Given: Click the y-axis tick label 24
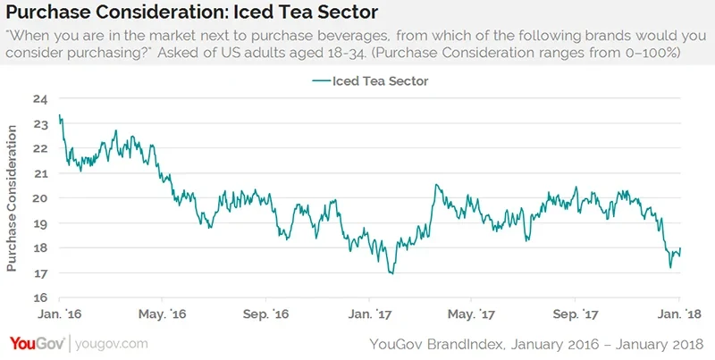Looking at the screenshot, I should pos(39,98).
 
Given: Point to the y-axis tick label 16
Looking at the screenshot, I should pos(39,298).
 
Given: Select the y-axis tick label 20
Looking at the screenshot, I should pos(39,198).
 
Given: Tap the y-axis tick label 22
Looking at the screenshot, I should pos(39,148).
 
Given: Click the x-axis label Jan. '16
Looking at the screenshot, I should pos(59,314).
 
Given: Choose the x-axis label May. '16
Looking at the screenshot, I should pos(163,314).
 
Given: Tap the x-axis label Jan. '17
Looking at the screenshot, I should pos(371,314).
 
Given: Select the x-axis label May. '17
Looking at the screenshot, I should pos(472,314).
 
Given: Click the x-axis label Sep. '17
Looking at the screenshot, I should pos(576,314).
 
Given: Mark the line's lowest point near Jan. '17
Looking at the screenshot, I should pos(391,273).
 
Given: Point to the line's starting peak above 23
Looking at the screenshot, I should pos(59,115).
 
